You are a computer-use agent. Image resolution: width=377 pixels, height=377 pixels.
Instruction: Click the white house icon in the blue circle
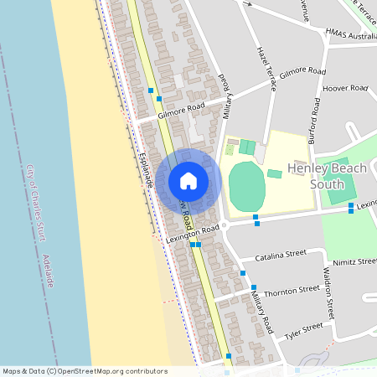point(188,181)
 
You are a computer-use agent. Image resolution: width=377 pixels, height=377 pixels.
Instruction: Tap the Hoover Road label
point(346,88)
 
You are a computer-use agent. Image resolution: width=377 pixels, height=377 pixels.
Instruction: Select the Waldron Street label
point(329,289)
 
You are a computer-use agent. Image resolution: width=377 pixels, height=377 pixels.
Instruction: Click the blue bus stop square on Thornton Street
point(242,273)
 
